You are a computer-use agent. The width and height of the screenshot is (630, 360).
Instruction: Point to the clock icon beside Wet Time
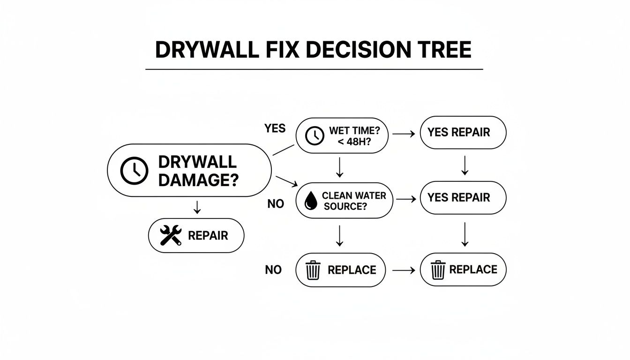coord(315,135)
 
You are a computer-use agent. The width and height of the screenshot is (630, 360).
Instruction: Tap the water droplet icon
coord(310,201)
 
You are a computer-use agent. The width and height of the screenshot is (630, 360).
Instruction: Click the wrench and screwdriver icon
coord(170,235)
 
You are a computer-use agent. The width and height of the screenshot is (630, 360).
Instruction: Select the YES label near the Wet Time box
coord(275,128)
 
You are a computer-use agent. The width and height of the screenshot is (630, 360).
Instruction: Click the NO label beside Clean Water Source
coord(276,204)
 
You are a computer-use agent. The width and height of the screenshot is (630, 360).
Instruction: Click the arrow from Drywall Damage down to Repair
coord(197,207)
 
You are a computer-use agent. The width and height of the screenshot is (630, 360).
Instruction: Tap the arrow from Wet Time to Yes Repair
coord(404,134)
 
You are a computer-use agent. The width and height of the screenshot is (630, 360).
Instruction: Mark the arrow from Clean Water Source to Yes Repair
coord(406,199)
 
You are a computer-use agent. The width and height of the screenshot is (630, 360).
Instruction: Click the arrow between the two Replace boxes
coord(404,270)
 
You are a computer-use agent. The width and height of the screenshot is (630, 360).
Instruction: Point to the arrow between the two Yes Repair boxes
coord(465,165)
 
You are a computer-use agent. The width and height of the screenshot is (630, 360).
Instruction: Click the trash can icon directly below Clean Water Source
coord(313,270)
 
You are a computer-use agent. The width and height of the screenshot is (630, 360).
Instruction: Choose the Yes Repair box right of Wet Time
coord(463,133)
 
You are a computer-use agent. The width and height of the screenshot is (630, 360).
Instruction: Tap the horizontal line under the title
coord(314,69)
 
